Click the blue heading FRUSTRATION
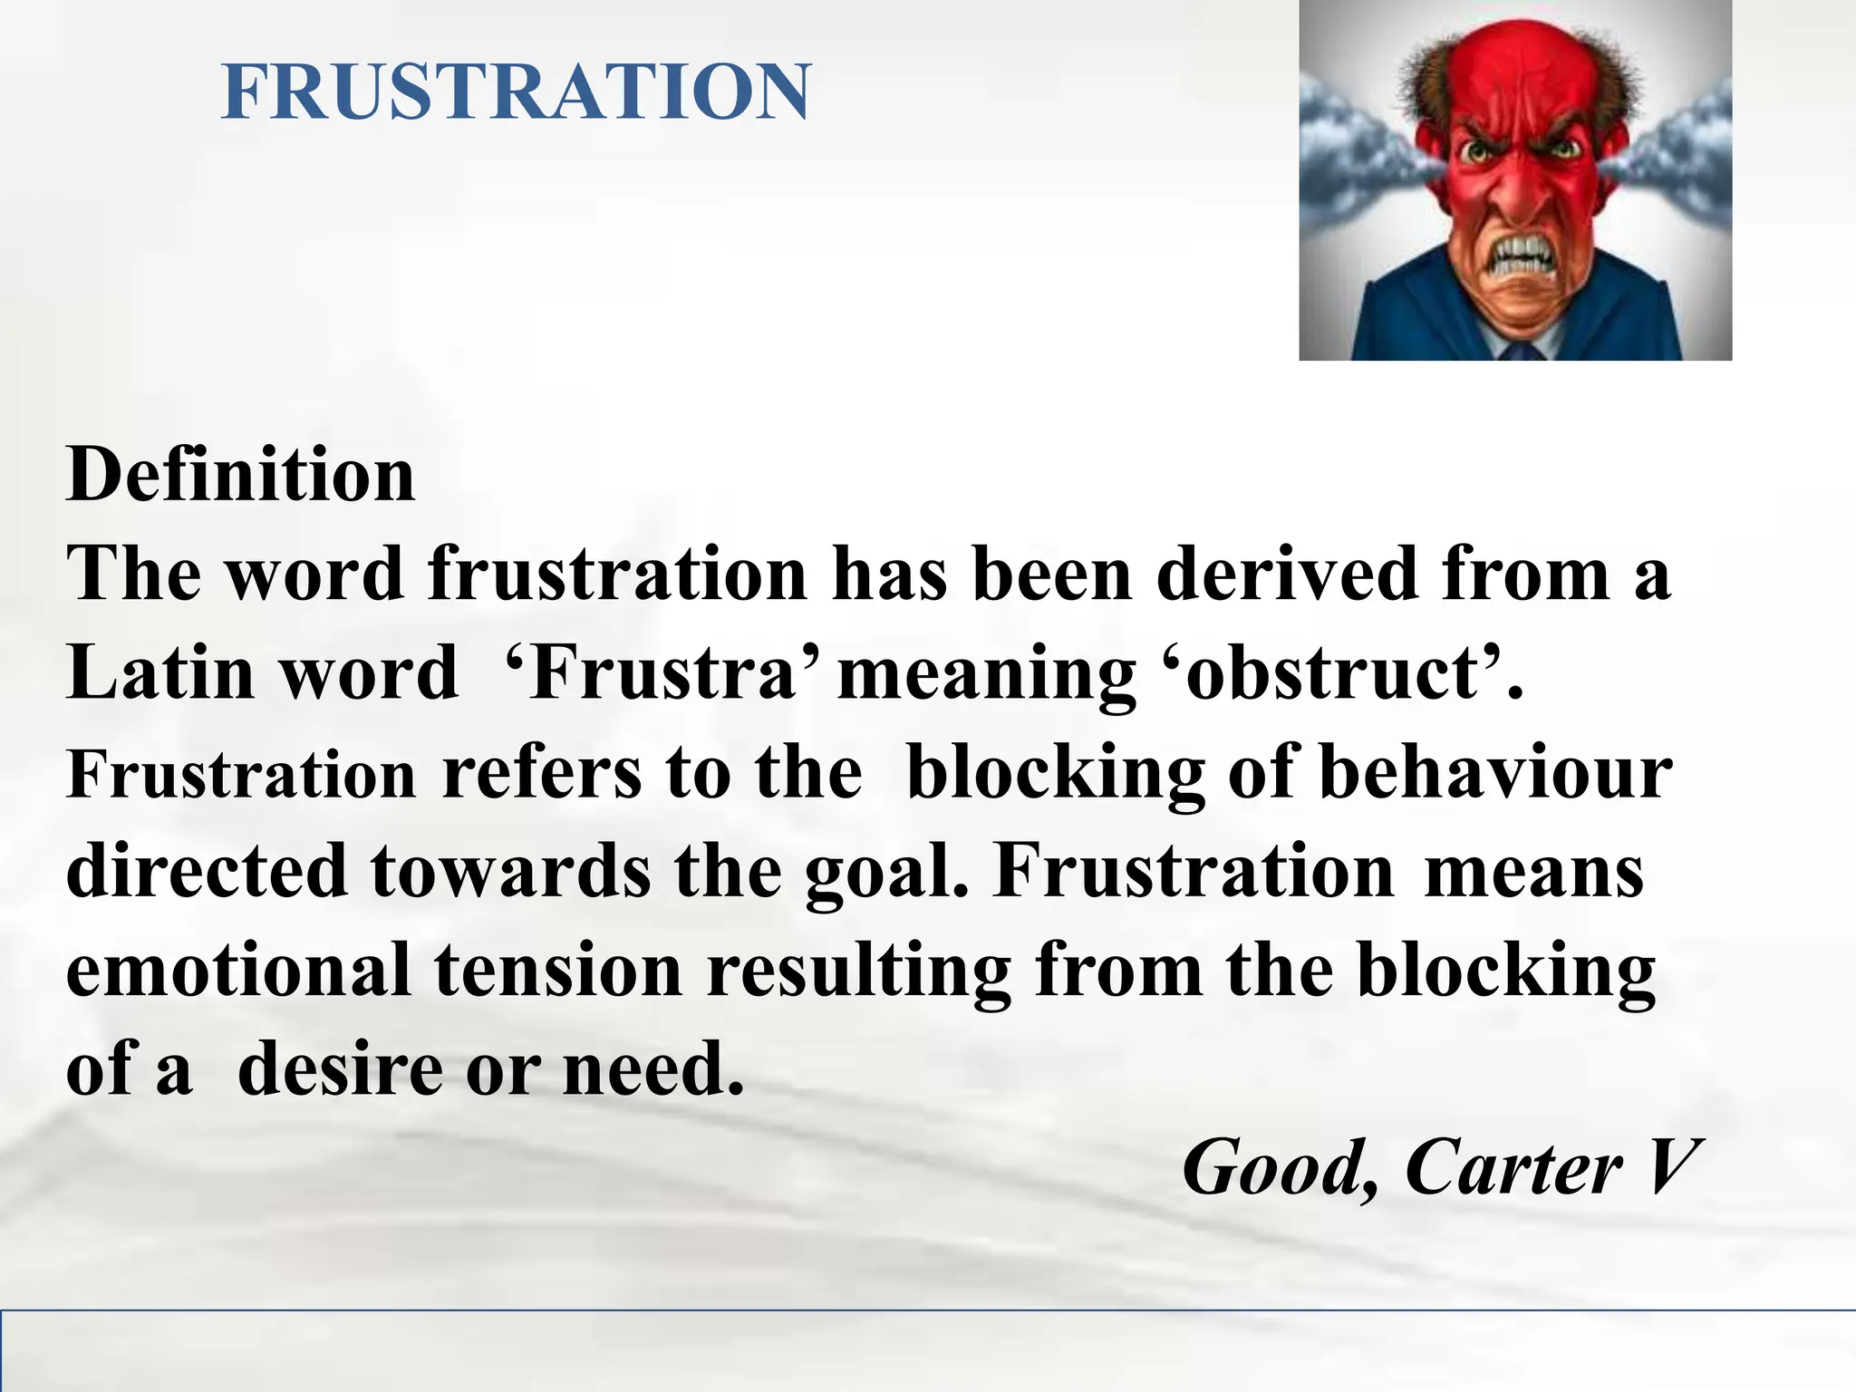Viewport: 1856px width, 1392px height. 516,92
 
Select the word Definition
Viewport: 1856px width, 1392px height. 240,475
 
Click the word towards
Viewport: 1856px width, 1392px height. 510,871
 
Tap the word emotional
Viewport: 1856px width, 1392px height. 238,970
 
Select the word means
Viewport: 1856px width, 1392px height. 1533,871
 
